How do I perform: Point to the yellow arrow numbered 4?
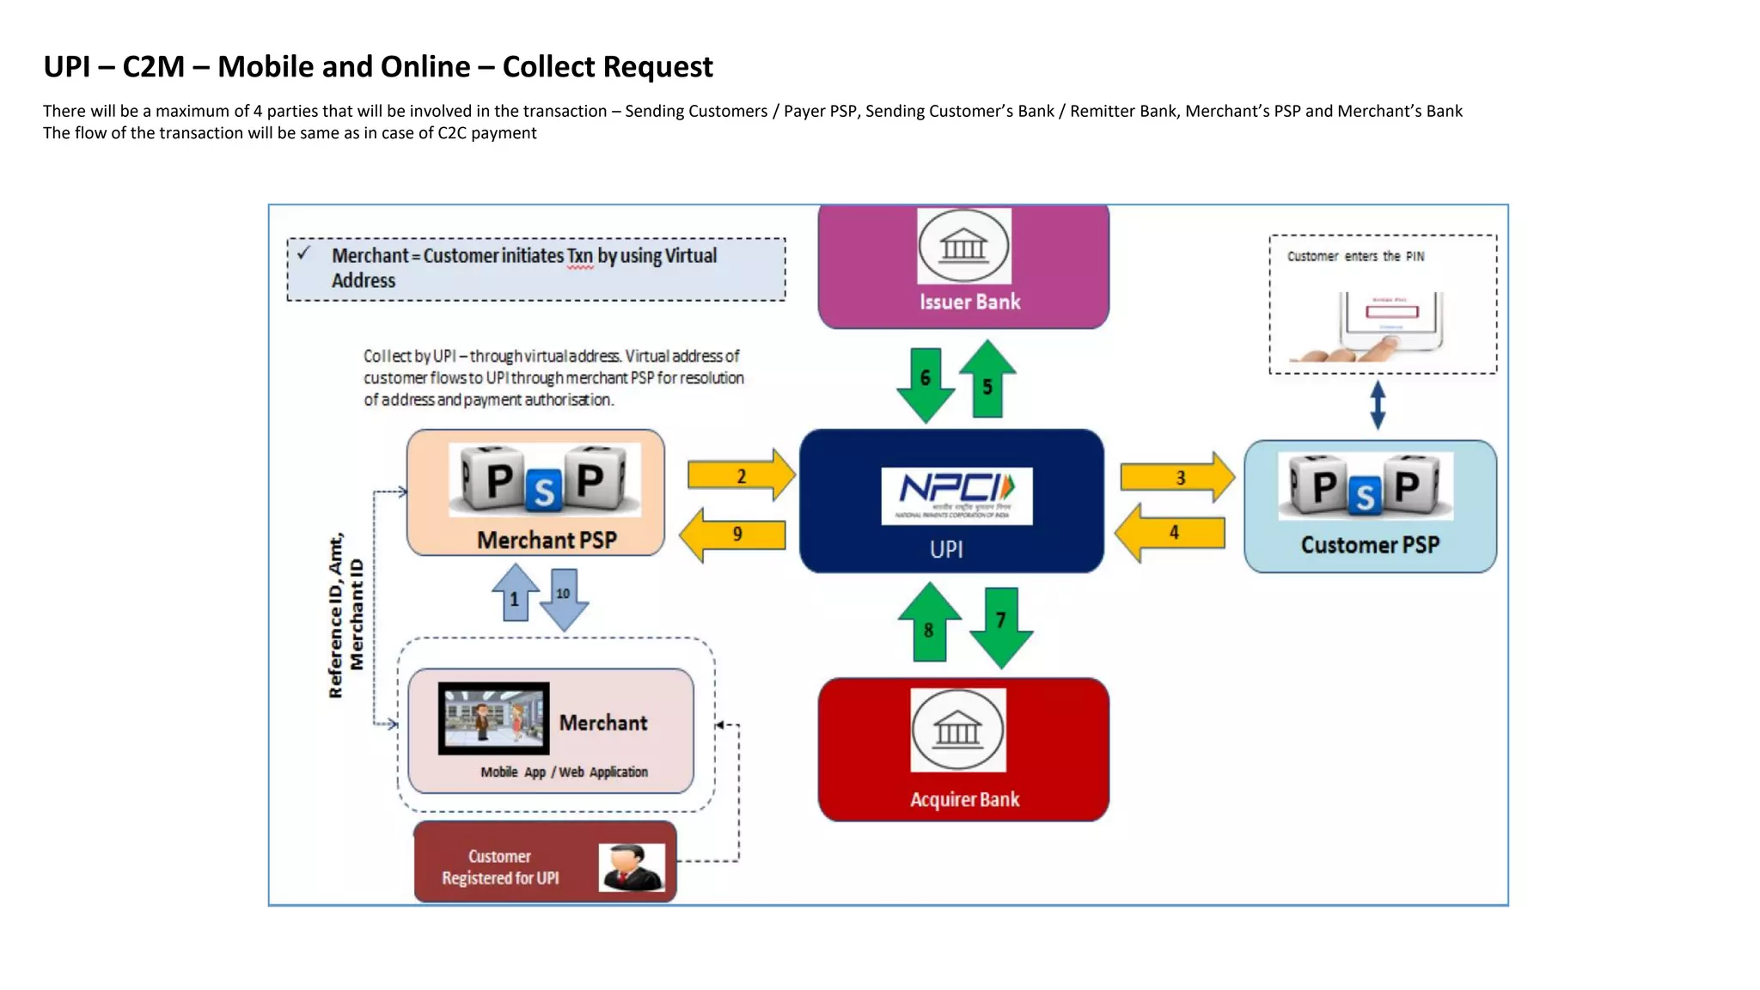point(1170,533)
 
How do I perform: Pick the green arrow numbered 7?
point(1001,626)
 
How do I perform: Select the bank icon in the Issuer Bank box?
point(963,247)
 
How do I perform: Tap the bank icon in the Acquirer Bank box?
point(957,730)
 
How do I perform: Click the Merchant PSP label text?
point(547,540)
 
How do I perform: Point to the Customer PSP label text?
point(1370,545)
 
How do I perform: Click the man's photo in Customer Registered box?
point(632,867)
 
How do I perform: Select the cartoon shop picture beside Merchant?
point(493,718)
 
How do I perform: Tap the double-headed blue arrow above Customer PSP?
point(1378,405)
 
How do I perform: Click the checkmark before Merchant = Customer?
point(303,254)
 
